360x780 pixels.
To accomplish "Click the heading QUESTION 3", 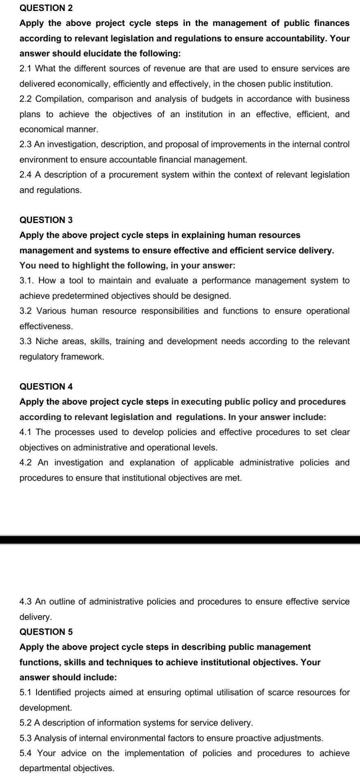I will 46,220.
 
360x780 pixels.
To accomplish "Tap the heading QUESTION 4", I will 46,386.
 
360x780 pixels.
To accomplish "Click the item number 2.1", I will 26,68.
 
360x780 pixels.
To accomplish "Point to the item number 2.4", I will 26,175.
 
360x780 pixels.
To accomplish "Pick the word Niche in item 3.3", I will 47,341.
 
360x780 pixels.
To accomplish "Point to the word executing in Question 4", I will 202,402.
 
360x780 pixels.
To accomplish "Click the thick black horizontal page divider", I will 180,539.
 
